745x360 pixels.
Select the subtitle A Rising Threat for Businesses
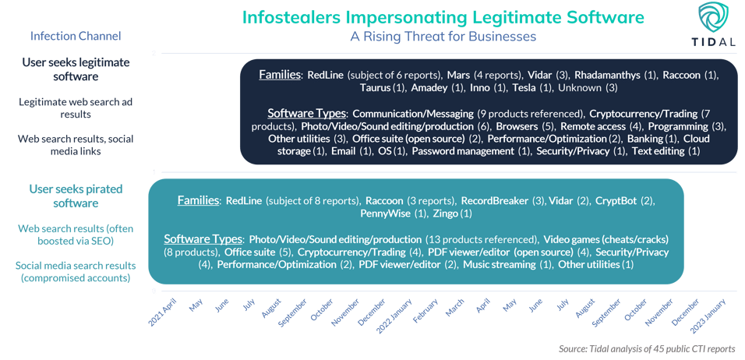[443, 36]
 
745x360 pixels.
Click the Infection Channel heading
[76, 36]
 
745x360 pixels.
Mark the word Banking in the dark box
[644, 139]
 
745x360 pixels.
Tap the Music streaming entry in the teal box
[499, 264]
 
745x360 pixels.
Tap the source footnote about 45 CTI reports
[647, 348]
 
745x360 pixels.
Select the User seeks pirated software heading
[76, 196]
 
